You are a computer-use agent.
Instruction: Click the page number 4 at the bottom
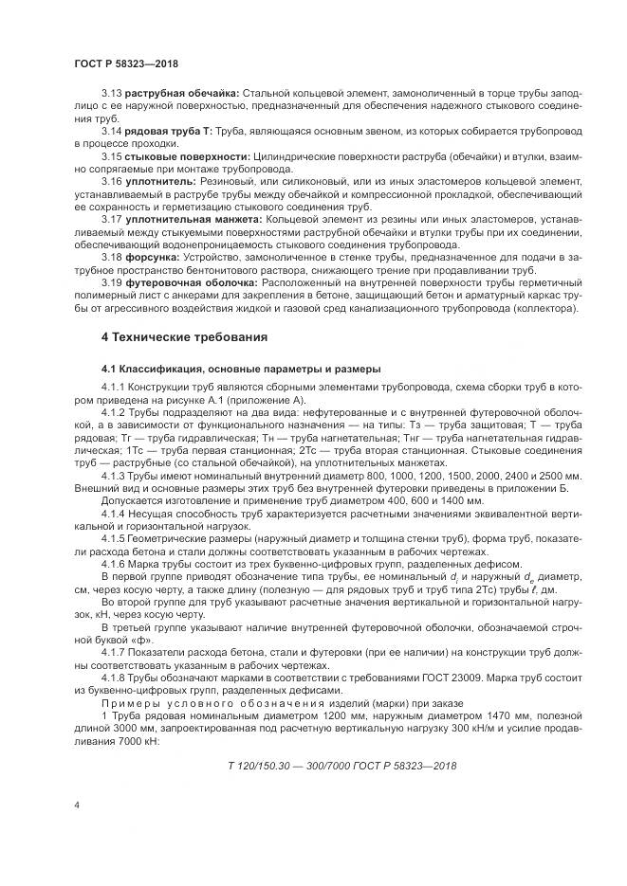[75, 805]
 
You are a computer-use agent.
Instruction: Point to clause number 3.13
[112, 95]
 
